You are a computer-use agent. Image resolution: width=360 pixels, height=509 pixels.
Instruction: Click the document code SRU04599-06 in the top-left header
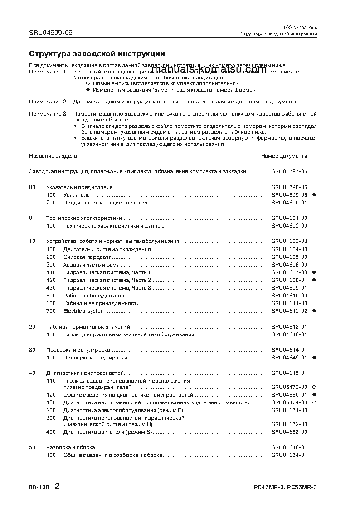(x=50, y=33)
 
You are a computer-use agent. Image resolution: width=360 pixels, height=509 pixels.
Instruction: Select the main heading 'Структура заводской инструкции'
(x=97, y=53)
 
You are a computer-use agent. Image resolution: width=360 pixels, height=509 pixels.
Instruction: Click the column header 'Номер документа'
(x=284, y=156)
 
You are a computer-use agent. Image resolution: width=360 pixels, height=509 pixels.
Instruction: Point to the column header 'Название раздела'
(x=53, y=156)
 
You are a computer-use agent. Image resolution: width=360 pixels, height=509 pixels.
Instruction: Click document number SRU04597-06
(x=289, y=171)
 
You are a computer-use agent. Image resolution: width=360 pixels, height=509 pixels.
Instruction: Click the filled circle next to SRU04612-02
(x=314, y=311)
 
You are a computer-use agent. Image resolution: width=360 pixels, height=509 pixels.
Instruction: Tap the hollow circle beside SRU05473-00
(x=314, y=387)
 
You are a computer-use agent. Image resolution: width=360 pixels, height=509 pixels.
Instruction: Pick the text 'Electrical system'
(x=84, y=311)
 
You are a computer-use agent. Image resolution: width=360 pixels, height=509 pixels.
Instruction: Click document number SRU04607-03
(x=289, y=272)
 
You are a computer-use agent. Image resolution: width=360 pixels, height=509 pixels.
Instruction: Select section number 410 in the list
(x=51, y=272)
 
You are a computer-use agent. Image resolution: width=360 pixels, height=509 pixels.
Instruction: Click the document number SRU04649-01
(x=289, y=358)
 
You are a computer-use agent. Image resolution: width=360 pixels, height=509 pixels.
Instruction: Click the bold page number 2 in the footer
(x=57, y=487)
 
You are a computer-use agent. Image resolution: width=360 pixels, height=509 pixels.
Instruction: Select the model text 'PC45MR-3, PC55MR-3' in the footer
(x=285, y=487)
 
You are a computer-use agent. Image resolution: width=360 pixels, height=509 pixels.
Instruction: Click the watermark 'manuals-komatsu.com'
(x=209, y=68)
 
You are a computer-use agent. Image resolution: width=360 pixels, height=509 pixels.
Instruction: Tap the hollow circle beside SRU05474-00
(x=314, y=402)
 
